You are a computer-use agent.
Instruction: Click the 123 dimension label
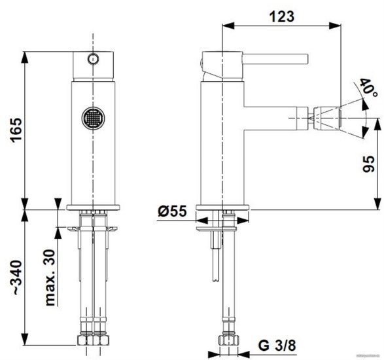coord(282,16)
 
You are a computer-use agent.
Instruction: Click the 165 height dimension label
coord(16,130)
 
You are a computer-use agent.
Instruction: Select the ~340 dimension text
coord(17,278)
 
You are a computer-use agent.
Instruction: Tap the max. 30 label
coord(50,278)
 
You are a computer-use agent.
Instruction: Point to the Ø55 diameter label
coord(172,211)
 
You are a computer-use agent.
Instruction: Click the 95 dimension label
coord(368,164)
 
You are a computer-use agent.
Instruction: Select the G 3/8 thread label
coord(277,346)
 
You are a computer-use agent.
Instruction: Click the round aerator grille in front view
coord(94,118)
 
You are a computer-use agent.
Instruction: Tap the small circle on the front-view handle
coord(94,59)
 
